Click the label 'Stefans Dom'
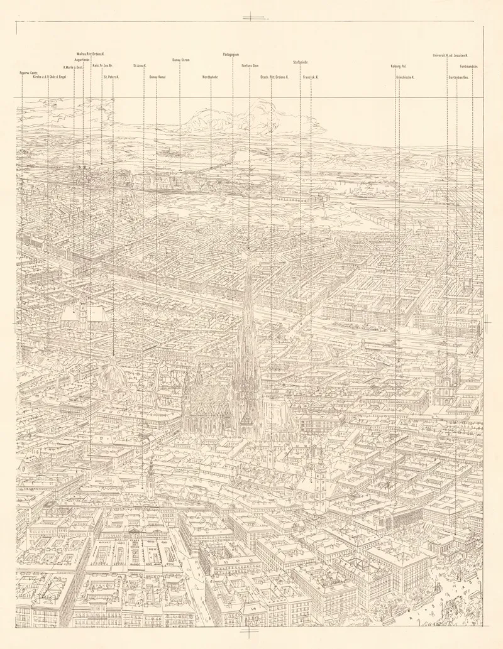[x=250, y=65]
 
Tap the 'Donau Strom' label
[x=181, y=60]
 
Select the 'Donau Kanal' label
[x=157, y=77]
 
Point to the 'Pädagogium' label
[x=231, y=55]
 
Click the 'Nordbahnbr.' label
[x=211, y=77]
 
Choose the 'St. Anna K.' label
[x=140, y=65]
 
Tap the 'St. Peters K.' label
[x=112, y=77]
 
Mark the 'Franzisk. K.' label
[x=310, y=77]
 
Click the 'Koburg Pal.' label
[x=399, y=65]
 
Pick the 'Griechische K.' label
[x=405, y=77]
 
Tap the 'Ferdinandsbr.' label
[x=470, y=66]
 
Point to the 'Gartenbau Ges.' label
[x=459, y=77]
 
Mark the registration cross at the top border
[x=251, y=17]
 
